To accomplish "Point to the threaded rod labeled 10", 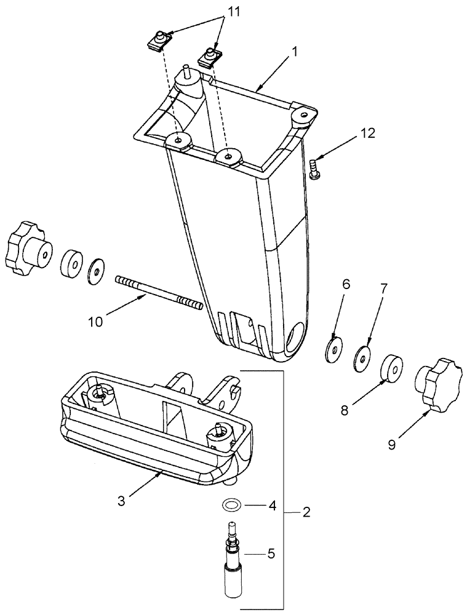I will (158, 292).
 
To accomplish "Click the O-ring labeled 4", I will (231, 506).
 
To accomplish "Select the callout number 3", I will (121, 501).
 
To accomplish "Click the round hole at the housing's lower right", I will (295, 337).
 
